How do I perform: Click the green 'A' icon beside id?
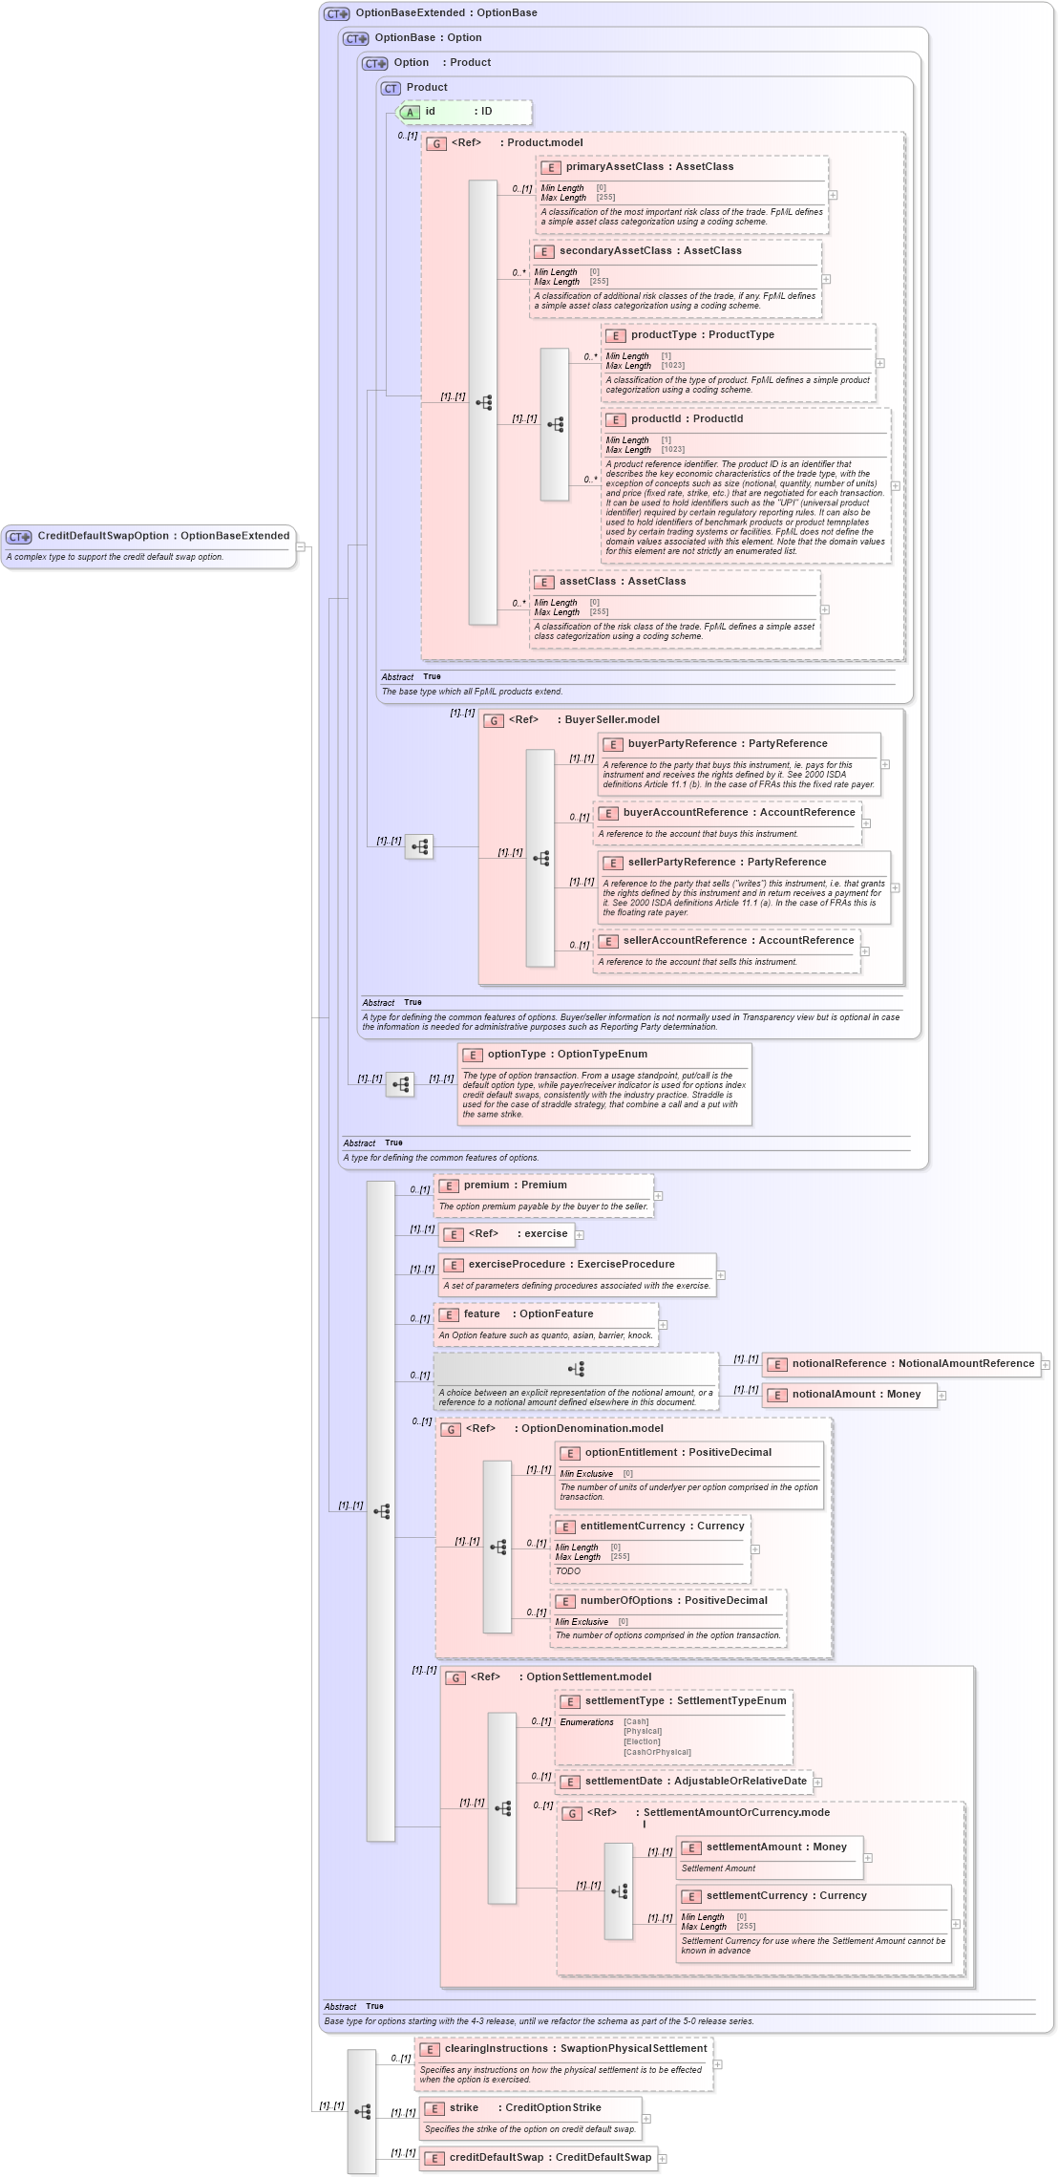tap(410, 113)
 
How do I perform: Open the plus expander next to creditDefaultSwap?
tap(663, 2159)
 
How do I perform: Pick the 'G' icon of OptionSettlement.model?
tap(456, 1678)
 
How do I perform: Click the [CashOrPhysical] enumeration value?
tap(657, 1752)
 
